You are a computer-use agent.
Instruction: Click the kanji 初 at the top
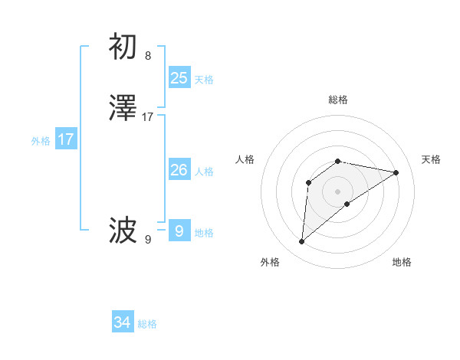pyautogui.click(x=123, y=47)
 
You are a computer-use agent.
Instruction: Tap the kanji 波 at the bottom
pyautogui.click(x=123, y=229)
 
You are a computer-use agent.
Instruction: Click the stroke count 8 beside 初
pyautogui.click(x=148, y=56)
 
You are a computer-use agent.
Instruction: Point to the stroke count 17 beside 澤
pyautogui.click(x=148, y=117)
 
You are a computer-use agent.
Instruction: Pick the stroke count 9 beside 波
pyautogui.click(x=148, y=239)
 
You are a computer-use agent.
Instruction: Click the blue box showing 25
pyautogui.click(x=179, y=78)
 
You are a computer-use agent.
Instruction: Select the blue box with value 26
pyautogui.click(x=179, y=170)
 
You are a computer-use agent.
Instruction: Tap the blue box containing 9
pyautogui.click(x=179, y=231)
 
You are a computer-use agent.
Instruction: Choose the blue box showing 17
pyautogui.click(x=66, y=139)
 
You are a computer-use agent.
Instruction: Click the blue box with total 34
pyautogui.click(x=123, y=323)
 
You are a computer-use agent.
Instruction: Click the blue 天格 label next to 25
pyautogui.click(x=204, y=80)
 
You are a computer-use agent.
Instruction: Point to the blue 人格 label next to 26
pyautogui.click(x=204, y=172)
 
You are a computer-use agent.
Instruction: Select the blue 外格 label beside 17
pyautogui.click(x=41, y=141)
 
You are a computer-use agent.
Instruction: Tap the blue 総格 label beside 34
pyautogui.click(x=148, y=325)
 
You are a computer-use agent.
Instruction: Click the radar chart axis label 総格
pyautogui.click(x=338, y=100)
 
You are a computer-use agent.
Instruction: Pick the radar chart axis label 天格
pyautogui.click(x=432, y=159)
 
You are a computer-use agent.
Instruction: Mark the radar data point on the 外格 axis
pyautogui.click(x=302, y=242)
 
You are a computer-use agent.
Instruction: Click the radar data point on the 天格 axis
pyautogui.click(x=396, y=172)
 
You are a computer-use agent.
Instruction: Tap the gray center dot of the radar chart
pyautogui.click(x=338, y=191)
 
